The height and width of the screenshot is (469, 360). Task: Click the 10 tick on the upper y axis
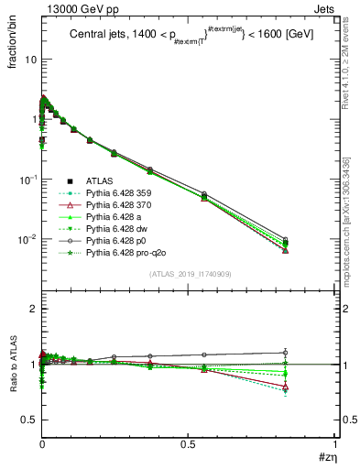click(28, 59)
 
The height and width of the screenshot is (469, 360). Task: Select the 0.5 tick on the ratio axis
click(28, 419)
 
